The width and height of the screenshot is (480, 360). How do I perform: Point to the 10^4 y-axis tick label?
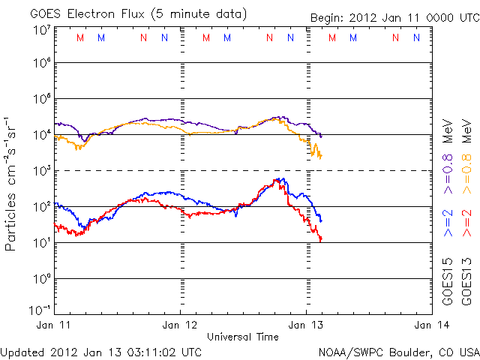point(41,135)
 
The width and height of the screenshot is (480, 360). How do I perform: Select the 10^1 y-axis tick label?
point(41,243)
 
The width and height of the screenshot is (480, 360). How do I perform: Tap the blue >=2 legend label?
point(448,223)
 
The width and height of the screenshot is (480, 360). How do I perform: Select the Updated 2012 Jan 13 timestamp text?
point(101,351)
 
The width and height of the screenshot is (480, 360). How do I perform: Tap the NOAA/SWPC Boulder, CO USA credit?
point(397,351)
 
